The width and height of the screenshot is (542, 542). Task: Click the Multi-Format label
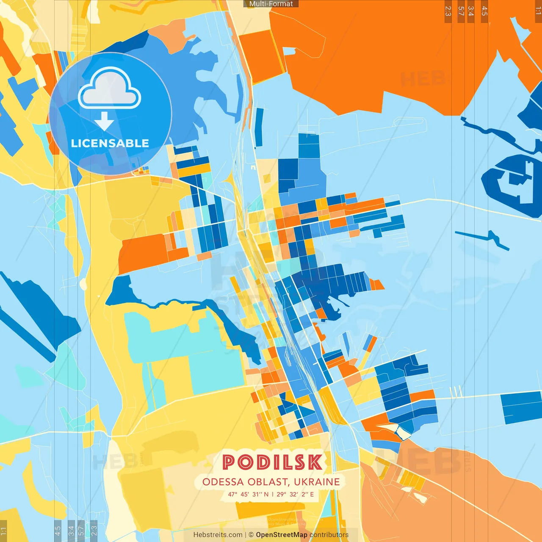[x=271, y=4]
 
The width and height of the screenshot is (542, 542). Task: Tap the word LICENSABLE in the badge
[x=110, y=143]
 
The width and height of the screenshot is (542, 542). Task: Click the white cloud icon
[x=110, y=89]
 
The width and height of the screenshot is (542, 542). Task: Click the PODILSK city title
[x=272, y=462]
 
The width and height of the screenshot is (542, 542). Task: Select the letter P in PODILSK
[x=230, y=462]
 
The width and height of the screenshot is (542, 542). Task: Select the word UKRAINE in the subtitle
[x=317, y=482]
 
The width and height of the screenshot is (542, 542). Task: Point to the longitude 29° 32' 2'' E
[x=295, y=494]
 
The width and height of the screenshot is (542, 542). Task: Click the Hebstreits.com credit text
[x=218, y=535]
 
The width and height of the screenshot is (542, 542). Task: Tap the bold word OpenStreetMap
[x=282, y=535]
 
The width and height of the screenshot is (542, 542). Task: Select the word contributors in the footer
[x=329, y=535]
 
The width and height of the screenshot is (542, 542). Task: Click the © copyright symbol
[x=251, y=535]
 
